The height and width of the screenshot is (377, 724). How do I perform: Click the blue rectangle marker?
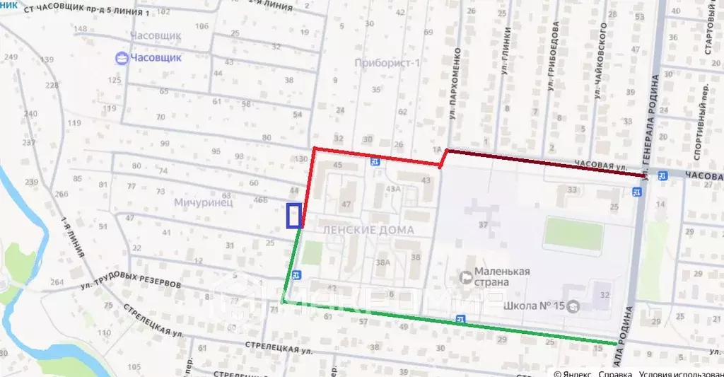pyautogui.click(x=293, y=215)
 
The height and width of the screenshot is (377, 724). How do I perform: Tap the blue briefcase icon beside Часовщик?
pyautogui.click(x=122, y=58)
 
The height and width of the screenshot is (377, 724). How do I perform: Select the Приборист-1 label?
pyautogui.click(x=387, y=63)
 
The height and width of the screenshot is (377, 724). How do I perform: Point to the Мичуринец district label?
pyautogui.click(x=203, y=202)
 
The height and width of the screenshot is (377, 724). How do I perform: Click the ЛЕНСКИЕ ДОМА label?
pyautogui.click(x=367, y=231)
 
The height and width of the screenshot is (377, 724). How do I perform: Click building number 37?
pyautogui.click(x=484, y=225)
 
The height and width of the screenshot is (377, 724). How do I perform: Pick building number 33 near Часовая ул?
pyautogui.click(x=571, y=190)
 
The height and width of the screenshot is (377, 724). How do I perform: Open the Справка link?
pyautogui.click(x=614, y=372)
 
